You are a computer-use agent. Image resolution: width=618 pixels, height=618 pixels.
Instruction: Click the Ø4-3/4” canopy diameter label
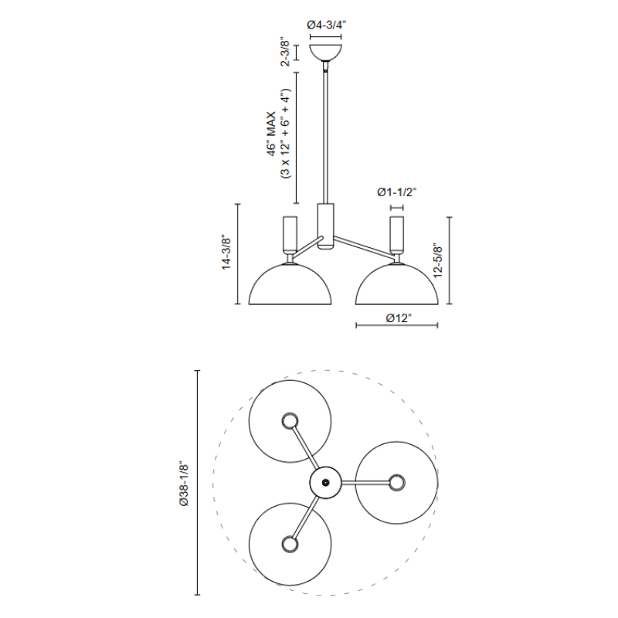[x=326, y=25]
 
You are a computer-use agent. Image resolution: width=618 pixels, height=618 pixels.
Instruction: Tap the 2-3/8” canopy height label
[x=285, y=53]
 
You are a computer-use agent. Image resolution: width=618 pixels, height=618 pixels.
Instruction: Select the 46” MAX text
[x=272, y=134]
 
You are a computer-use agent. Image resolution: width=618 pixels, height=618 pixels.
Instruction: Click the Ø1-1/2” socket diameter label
[x=397, y=192]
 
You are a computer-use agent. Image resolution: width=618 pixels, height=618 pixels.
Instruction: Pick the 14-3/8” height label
[x=226, y=253]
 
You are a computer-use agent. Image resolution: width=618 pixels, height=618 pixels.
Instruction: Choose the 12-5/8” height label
[x=438, y=260]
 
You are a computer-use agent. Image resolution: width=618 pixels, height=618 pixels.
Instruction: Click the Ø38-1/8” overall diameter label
[x=184, y=484]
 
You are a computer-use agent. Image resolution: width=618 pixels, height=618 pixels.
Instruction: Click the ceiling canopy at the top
[x=326, y=53]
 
